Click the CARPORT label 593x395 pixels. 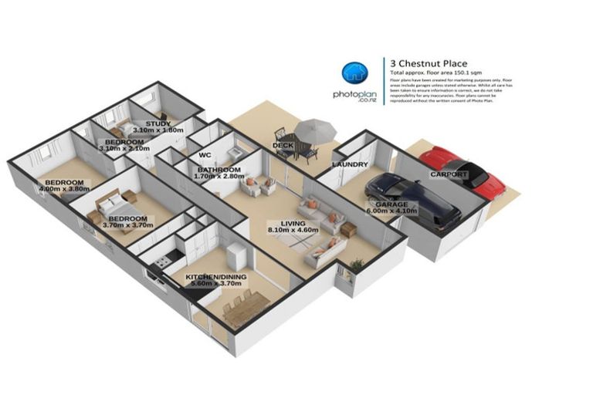tap(449, 174)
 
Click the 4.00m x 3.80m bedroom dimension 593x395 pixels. tap(65, 188)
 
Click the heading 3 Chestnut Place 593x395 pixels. tap(429, 63)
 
